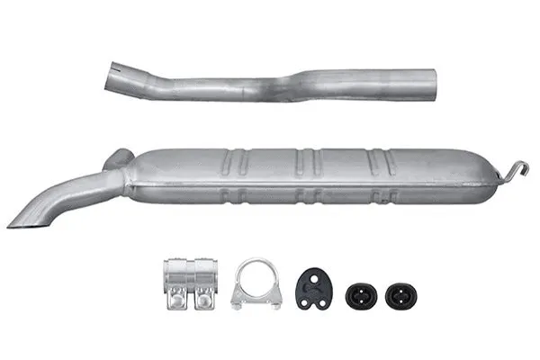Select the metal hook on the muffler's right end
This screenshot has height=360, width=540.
(514, 169)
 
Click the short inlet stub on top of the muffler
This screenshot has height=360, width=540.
(117, 160)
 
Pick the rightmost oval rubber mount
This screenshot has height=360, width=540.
(399, 295)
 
